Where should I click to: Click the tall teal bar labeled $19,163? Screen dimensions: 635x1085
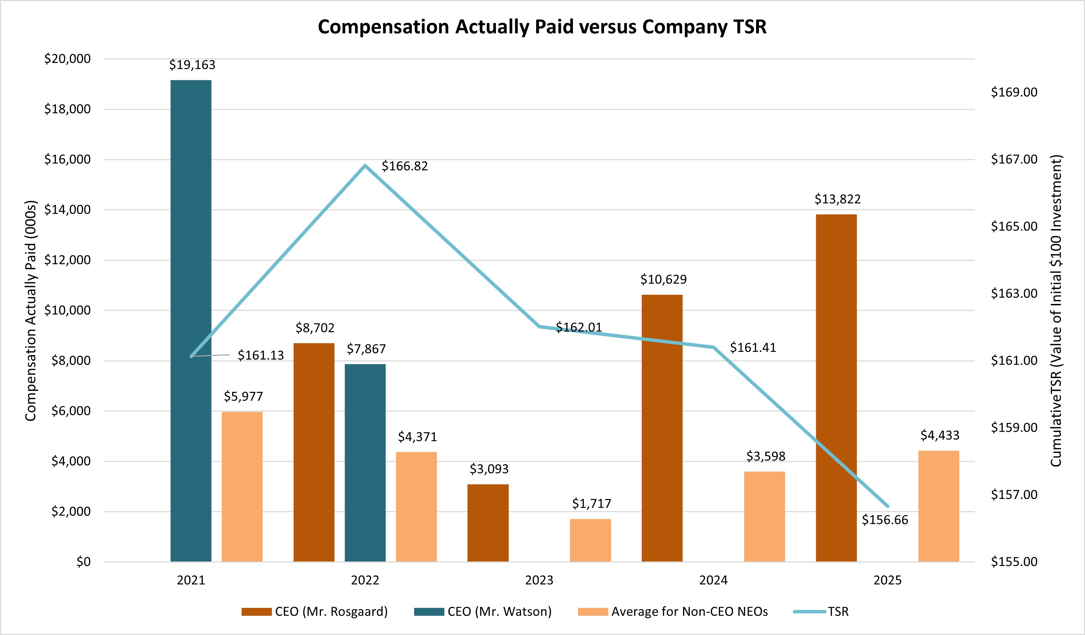pyautogui.click(x=191, y=320)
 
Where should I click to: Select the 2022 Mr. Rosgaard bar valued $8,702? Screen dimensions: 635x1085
pyautogui.click(x=314, y=452)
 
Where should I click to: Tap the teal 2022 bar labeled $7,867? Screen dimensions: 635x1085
pyautogui.click(x=365, y=463)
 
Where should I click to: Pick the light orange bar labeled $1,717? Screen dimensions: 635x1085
pyautogui.click(x=590, y=540)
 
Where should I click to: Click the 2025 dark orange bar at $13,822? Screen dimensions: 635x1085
pyautogui.click(x=836, y=387)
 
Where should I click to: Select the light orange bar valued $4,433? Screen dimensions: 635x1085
pyautogui.click(x=939, y=506)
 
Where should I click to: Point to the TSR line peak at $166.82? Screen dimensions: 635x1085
pyautogui.click(x=365, y=166)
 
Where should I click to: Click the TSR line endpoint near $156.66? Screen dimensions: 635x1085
pyautogui.click(x=887, y=506)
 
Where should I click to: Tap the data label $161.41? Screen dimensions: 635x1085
pyautogui.click(x=753, y=348)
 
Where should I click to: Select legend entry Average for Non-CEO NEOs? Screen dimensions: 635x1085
pyautogui.click(x=673, y=611)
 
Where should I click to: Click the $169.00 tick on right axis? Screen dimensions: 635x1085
pyautogui.click(x=1014, y=92)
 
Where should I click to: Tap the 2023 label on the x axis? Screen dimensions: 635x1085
pyautogui.click(x=539, y=580)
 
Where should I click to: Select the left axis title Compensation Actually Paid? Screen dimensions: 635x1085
pyautogui.click(x=31, y=310)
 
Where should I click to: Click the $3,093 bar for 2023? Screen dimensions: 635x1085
pyautogui.click(x=488, y=523)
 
